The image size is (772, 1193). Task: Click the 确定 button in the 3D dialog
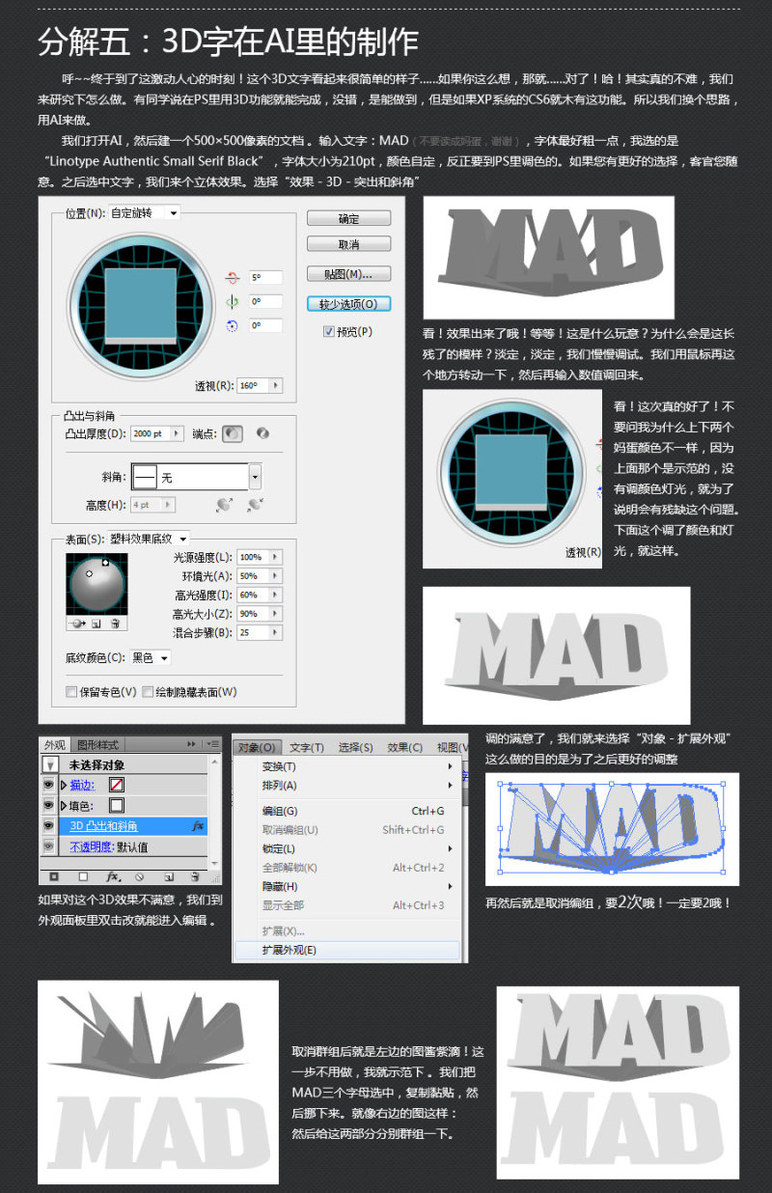(348, 219)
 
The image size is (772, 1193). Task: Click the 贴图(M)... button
(348, 274)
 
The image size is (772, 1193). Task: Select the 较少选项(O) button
(348, 303)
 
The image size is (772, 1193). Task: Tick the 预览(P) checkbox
(329, 331)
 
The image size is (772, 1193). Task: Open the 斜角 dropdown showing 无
(255, 477)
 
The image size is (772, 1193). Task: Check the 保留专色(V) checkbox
(71, 692)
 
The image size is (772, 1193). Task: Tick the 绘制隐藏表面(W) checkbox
(148, 692)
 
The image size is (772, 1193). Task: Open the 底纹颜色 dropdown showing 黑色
(151, 658)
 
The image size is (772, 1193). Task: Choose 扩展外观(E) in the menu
(289, 950)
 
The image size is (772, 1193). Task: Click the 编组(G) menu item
(280, 811)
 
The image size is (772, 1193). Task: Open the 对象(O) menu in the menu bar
(257, 747)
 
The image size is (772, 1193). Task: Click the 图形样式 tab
(97, 744)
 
